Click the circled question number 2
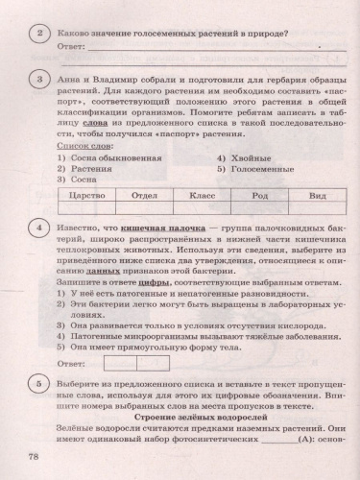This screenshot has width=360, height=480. [x=37, y=36]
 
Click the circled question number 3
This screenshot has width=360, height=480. [x=37, y=80]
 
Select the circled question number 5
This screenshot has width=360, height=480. [x=37, y=383]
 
